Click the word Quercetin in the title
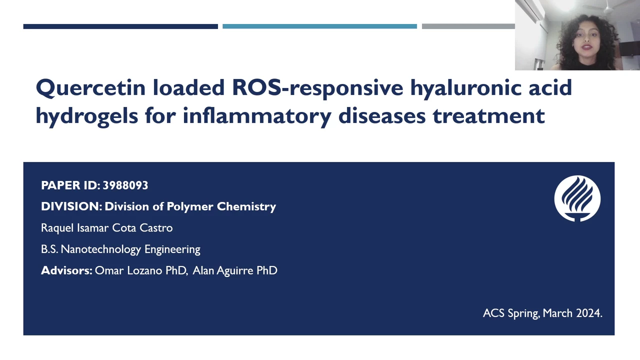(90, 88)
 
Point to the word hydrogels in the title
(87, 116)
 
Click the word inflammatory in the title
(257, 116)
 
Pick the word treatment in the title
(488, 116)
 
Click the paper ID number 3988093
(125, 185)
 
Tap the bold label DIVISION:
(71, 206)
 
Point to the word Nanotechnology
(101, 249)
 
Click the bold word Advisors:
(66, 270)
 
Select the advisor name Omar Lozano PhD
(141, 271)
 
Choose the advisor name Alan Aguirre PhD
(235, 271)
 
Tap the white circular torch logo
(577, 198)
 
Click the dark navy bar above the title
(120, 26)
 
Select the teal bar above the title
(319, 26)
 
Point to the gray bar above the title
(468, 26)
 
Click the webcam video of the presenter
(577, 35)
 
